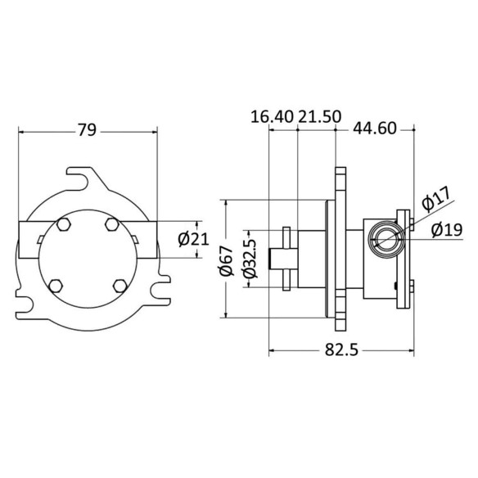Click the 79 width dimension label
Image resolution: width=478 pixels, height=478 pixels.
[88, 130]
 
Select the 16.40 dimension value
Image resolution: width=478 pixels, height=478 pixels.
[272, 117]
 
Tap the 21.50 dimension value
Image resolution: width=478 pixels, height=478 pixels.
[319, 117]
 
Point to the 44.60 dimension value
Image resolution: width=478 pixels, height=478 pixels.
[375, 129]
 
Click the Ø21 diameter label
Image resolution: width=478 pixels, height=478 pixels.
[194, 239]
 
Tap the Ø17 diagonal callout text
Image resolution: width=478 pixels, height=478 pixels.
[436, 200]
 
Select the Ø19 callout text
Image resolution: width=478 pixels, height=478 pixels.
[447, 230]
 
